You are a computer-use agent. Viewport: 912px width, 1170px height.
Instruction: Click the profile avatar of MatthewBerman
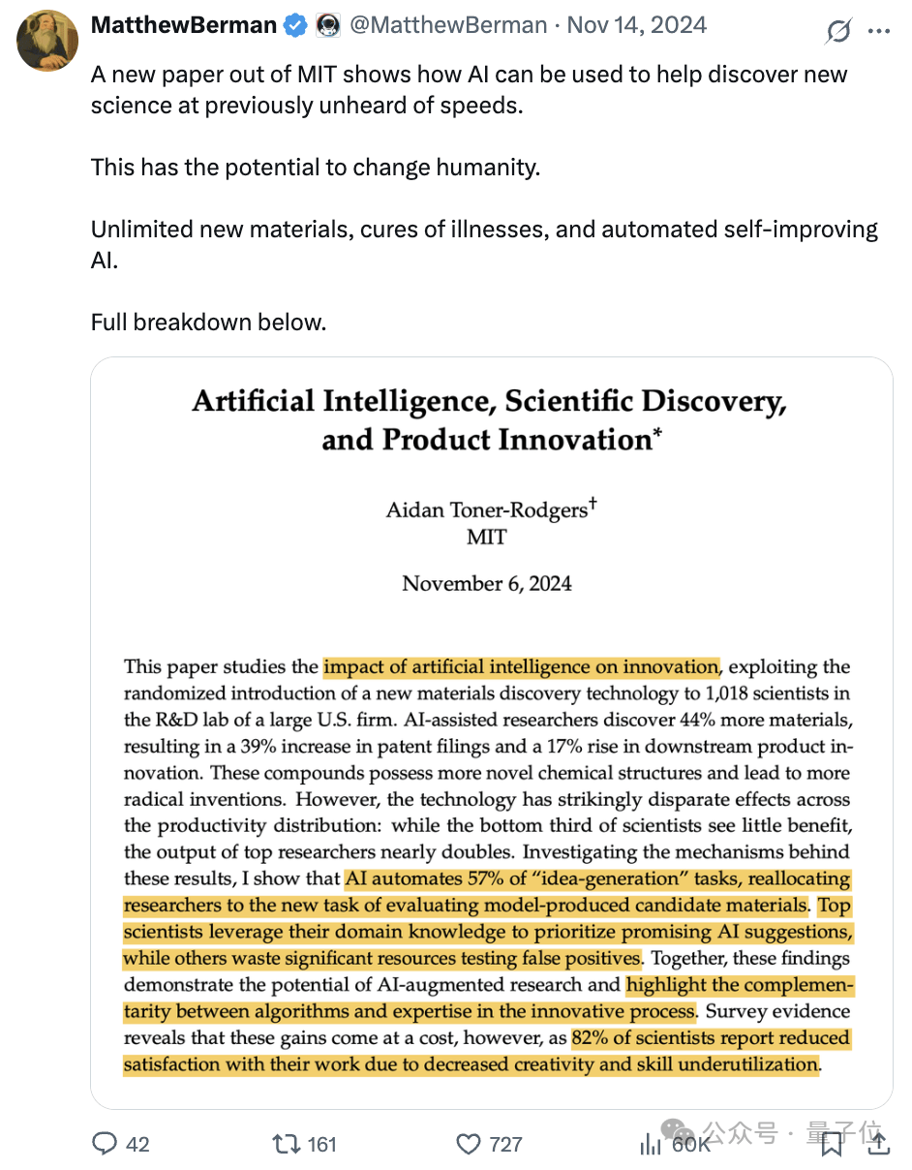[x=47, y=41]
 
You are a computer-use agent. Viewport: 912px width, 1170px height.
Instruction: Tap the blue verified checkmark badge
[x=295, y=26]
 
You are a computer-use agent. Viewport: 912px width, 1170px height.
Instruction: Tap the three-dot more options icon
[x=878, y=31]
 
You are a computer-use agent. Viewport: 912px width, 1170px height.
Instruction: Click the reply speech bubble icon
[x=105, y=1144]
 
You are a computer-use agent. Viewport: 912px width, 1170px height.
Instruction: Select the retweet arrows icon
[x=287, y=1144]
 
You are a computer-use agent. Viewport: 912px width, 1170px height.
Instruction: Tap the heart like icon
[x=469, y=1144]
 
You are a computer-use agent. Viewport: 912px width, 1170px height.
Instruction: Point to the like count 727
[x=505, y=1144]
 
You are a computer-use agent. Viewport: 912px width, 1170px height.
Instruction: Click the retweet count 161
[x=321, y=1144]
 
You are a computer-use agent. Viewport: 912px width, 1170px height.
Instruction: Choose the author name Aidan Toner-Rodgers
[x=486, y=509]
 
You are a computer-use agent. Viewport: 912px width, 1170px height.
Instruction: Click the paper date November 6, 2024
[x=487, y=583]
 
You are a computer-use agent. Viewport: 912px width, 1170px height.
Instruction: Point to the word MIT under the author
[x=486, y=537]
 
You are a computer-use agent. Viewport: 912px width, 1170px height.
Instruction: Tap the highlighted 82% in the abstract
[x=590, y=1037]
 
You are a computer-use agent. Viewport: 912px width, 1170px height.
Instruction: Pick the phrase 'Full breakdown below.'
[x=209, y=322]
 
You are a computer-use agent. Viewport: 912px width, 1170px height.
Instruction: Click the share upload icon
[x=879, y=1144]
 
